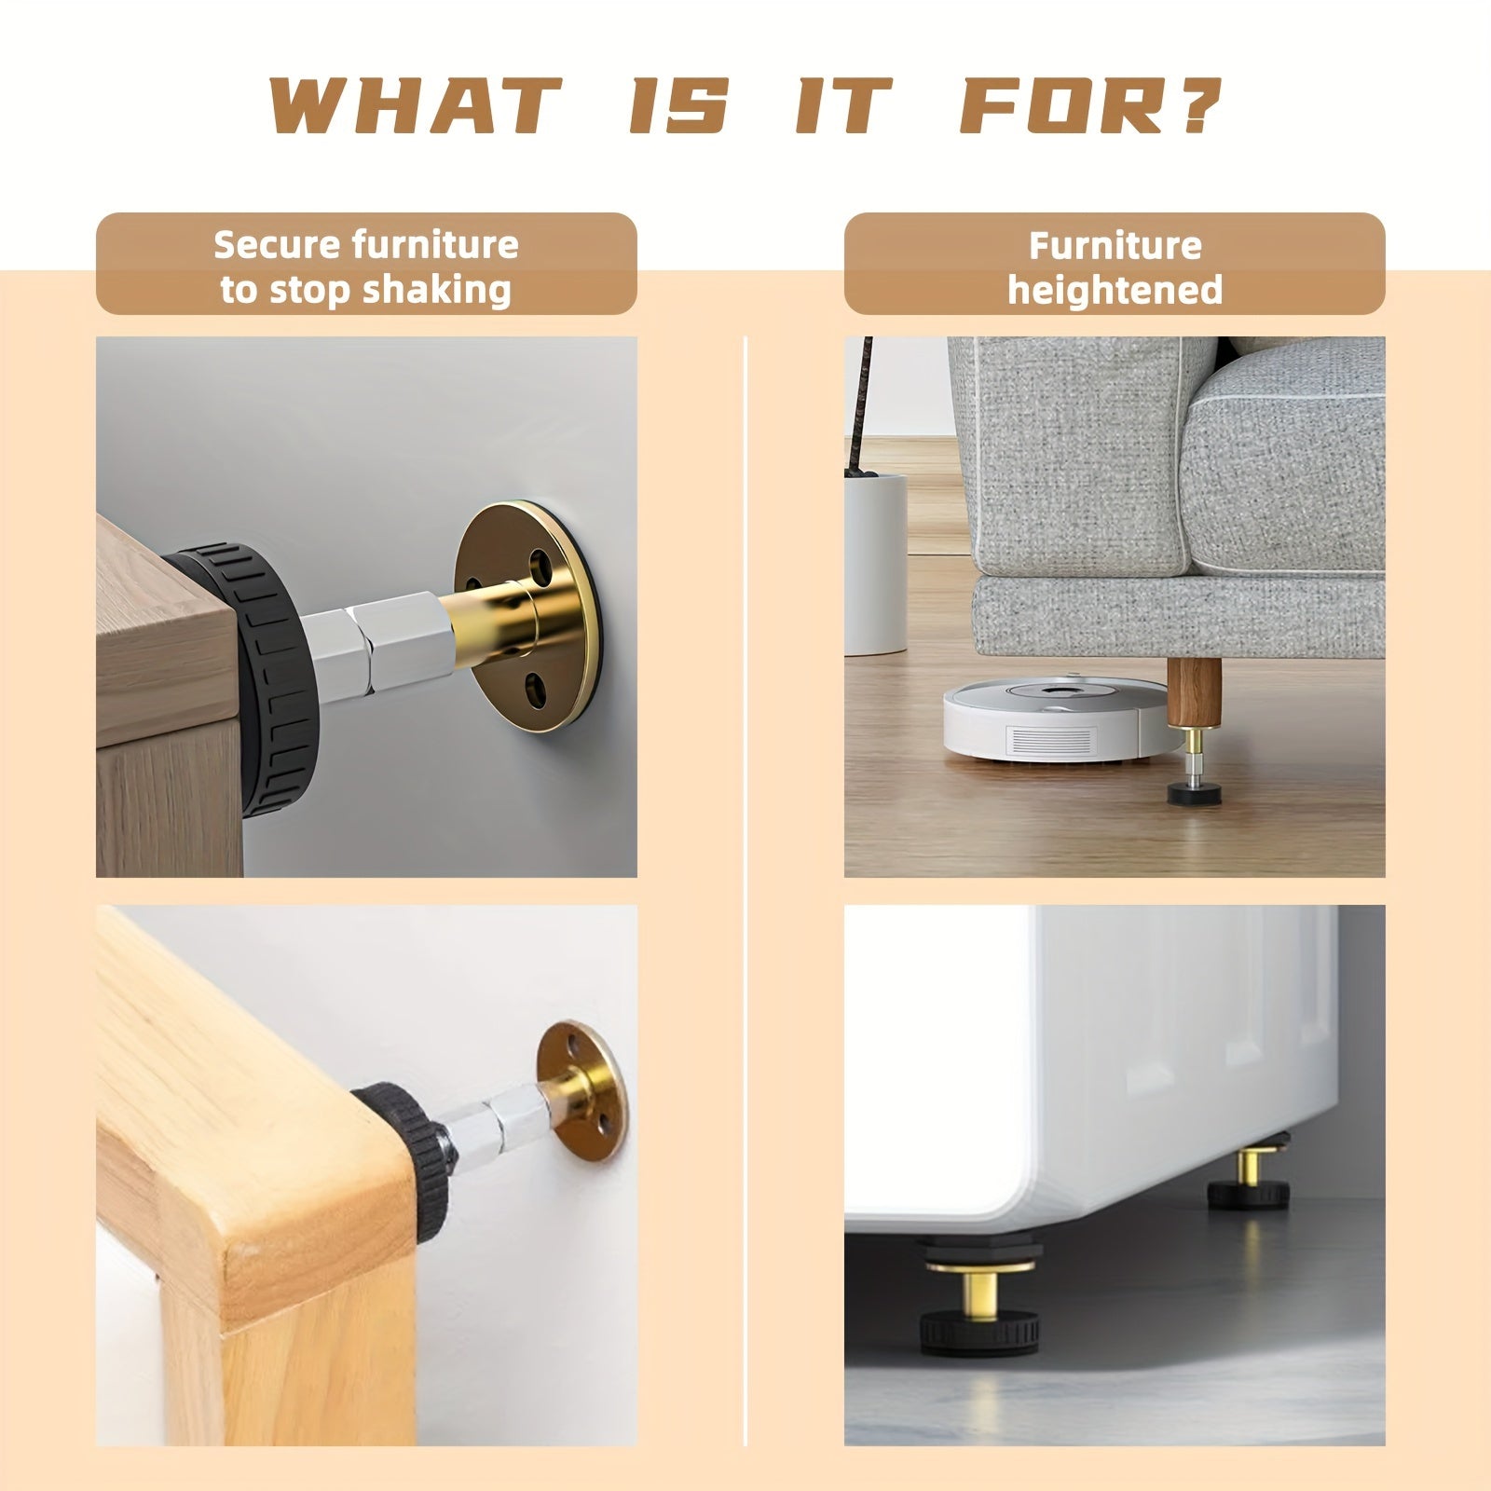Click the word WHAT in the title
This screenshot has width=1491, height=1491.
[416, 105]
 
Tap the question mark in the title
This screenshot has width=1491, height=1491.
[1198, 104]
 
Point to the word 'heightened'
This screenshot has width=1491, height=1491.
[1115, 291]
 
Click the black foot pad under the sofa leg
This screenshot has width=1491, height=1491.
[1194, 794]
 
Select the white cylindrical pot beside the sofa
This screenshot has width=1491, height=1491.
[875, 563]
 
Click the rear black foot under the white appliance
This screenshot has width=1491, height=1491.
[1248, 1193]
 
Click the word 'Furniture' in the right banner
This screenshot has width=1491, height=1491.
[1115, 246]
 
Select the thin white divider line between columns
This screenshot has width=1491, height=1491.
[745, 891]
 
